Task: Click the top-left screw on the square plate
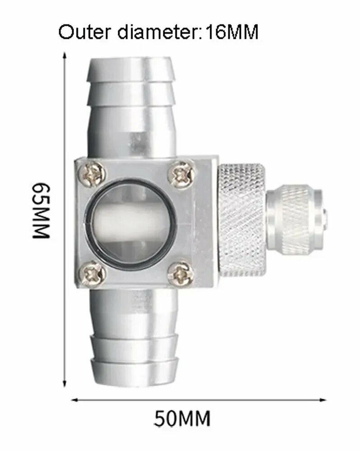click(x=92, y=174)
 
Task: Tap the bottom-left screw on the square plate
click(x=92, y=274)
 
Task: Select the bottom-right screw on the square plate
click(x=180, y=273)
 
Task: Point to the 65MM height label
click(x=41, y=211)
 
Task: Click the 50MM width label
click(x=182, y=419)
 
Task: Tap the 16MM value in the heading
click(x=232, y=32)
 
